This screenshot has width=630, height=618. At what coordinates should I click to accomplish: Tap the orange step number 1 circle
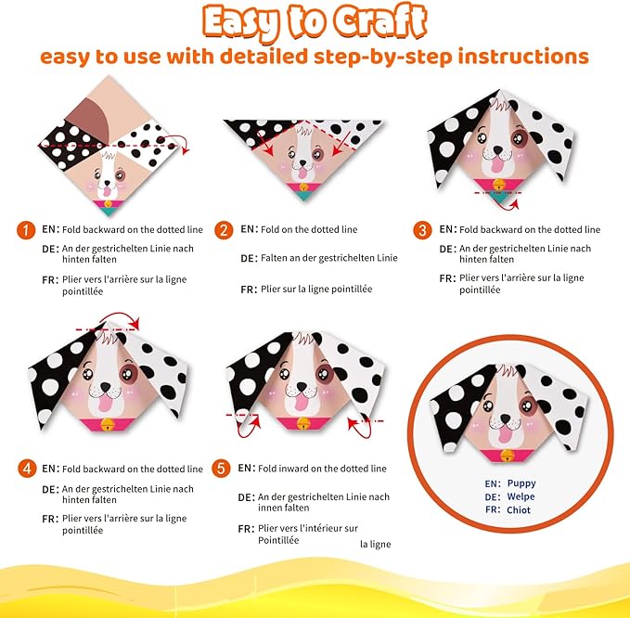pos(25,228)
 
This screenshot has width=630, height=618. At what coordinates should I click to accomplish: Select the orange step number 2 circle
pos(223,229)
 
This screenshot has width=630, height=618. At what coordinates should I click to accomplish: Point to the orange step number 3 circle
pos(422,229)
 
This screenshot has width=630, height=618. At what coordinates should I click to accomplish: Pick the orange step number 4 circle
pos(25,469)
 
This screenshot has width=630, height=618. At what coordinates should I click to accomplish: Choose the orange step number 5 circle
pos(223,469)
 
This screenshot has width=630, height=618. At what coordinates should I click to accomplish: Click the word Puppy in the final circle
pos(521,483)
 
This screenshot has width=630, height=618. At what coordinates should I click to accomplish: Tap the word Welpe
pos(521,496)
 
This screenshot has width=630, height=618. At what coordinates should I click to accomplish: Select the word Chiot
pos(520,509)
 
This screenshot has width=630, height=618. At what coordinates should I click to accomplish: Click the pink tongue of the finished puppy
pos(506,432)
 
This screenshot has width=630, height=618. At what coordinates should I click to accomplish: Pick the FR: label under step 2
pos(248,290)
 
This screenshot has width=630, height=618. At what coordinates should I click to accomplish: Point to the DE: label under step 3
pos(447,249)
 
